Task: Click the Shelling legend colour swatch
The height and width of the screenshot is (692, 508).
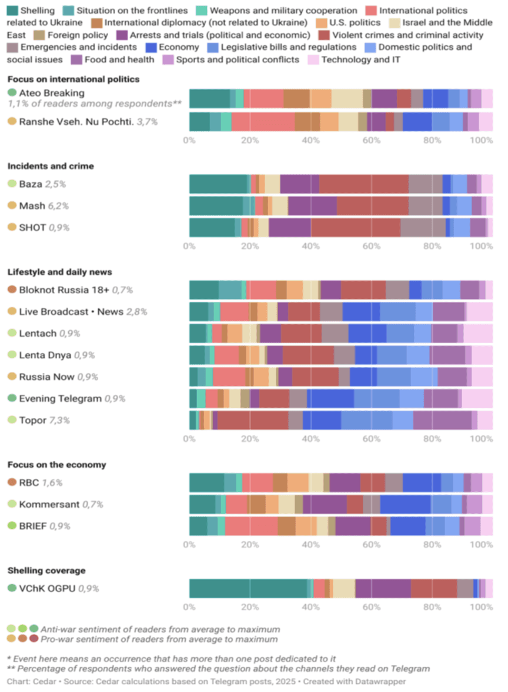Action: click(12, 10)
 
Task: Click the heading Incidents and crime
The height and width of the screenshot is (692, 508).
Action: click(51, 166)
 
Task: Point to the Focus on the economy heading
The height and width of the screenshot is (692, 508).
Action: click(58, 465)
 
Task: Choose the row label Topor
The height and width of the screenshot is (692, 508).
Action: click(31, 420)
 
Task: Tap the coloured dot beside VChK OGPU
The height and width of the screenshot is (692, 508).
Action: click(12, 588)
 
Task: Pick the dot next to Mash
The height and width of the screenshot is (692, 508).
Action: click(12, 206)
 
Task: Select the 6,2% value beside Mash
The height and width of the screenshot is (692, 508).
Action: click(55, 206)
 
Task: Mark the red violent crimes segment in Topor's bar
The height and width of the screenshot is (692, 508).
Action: click(253, 420)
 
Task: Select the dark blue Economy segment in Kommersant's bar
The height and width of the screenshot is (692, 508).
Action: click(405, 504)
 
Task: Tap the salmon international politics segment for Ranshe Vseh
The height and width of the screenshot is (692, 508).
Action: click(263, 122)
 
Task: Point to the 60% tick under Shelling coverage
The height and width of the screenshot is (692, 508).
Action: click(372, 607)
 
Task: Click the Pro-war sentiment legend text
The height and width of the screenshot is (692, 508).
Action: click(159, 639)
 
